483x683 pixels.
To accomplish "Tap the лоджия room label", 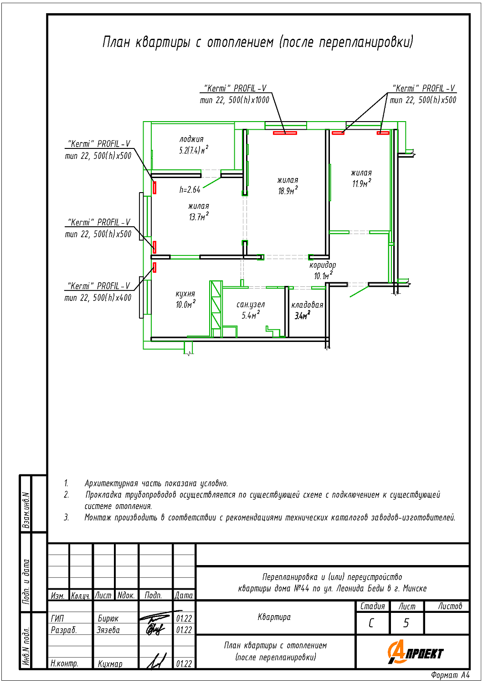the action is [191, 139].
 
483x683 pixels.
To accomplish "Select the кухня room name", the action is [185, 294].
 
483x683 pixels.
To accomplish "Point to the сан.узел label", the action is [251, 304].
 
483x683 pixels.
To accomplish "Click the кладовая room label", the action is [307, 305].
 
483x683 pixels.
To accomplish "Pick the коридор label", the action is [323, 265].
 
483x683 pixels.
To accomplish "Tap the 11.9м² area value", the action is [362, 183].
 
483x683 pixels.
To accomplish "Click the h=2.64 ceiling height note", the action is [190, 190].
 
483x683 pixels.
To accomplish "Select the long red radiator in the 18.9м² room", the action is [285, 133].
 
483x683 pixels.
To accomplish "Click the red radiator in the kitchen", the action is [154, 267].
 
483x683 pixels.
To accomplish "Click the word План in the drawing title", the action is [115, 42].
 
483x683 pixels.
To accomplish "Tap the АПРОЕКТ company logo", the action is [415, 652].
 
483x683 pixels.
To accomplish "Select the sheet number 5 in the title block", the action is [406, 623].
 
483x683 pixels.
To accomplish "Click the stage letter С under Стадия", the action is [371, 623].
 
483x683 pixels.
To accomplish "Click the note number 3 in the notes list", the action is [66, 517].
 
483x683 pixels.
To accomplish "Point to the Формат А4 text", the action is [450, 675].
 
